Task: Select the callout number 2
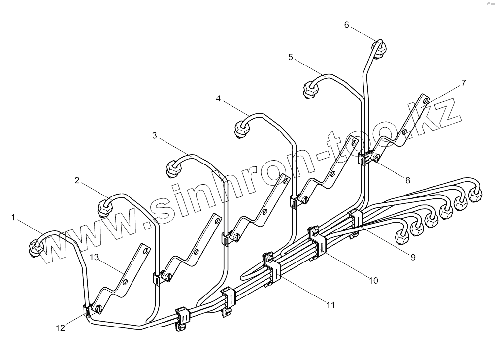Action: (x=77, y=180)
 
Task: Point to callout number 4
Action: (x=218, y=98)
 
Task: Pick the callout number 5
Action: (x=291, y=57)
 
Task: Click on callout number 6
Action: (x=346, y=25)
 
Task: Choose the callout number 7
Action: (x=463, y=83)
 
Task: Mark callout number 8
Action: (x=407, y=180)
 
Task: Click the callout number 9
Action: (x=413, y=257)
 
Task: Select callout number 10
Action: (x=373, y=280)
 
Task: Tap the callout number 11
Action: (x=330, y=305)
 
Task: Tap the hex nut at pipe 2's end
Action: (x=105, y=207)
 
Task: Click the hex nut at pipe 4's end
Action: (x=241, y=129)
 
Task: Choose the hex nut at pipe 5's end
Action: (x=310, y=90)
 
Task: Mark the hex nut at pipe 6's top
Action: (x=380, y=49)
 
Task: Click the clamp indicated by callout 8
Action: (x=367, y=159)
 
